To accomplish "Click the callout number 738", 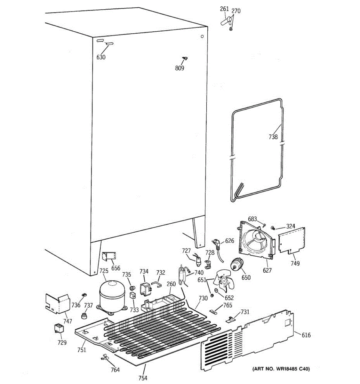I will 273,137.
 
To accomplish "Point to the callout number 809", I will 180,68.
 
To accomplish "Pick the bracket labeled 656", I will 109,257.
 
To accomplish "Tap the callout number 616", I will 306,335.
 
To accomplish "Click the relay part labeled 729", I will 59,329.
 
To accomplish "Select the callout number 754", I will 143,378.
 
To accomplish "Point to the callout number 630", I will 101,57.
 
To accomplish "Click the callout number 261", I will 224,9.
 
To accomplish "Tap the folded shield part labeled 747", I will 58,303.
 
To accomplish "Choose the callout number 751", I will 82,350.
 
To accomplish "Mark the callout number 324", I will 291,227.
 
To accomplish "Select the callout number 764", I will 115,370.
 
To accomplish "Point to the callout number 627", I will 267,270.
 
